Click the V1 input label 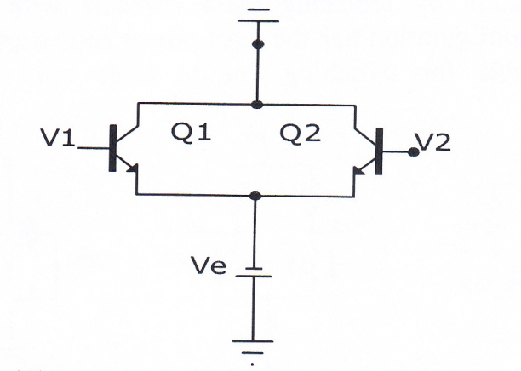58,138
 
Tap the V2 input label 433,142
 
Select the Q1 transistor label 191,133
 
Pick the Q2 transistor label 301,134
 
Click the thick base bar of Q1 112,148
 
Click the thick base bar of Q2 379,151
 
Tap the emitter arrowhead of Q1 133,168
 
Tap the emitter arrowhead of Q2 359,171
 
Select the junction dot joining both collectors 257,105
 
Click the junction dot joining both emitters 255,196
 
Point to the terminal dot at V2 413,152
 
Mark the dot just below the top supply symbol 258,44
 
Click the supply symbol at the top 259,15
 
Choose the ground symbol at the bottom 253,347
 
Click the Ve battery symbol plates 254,272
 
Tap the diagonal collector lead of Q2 365,137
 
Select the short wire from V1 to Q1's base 94,148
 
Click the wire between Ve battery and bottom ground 253,309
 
